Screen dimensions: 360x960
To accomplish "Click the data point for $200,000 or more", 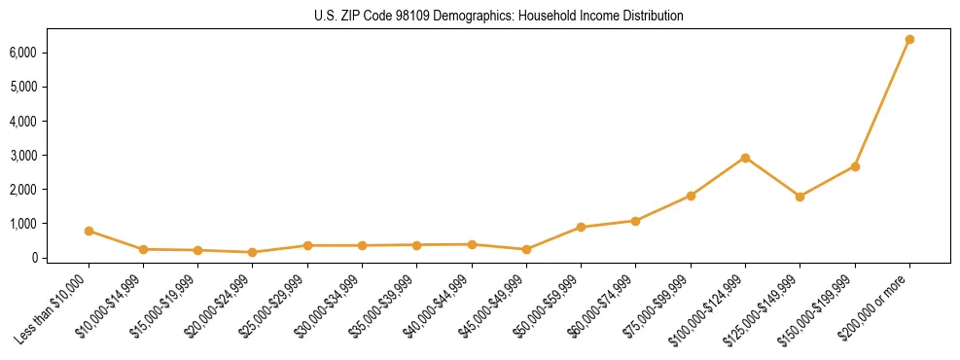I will click(909, 39).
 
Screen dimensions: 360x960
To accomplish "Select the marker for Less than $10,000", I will click(89, 231).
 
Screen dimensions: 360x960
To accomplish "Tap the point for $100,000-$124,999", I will click(745, 158).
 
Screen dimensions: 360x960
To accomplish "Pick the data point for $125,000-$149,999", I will click(800, 197).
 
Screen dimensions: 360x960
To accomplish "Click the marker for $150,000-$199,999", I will click(855, 166).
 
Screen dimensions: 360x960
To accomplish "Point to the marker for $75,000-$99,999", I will click(691, 196).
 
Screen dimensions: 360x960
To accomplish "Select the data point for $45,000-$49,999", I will click(526, 249).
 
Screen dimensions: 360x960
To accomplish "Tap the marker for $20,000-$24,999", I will click(253, 252).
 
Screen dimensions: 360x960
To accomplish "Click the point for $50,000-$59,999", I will click(581, 227).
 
